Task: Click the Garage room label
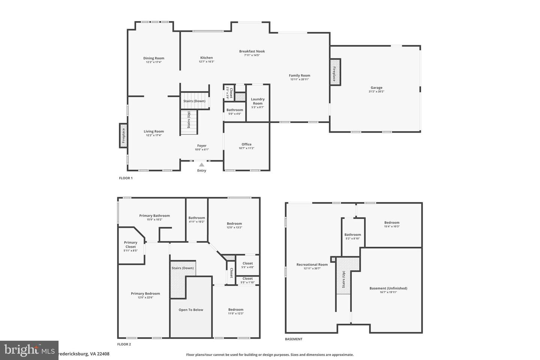coord(376,88)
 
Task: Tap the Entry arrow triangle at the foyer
coord(202,165)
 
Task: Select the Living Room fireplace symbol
coord(123,136)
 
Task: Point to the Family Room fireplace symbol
coord(334,74)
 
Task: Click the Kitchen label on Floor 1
coord(206,58)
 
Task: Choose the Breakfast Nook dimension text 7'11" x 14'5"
coord(252,55)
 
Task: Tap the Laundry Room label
coord(258,101)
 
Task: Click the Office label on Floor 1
coord(246,144)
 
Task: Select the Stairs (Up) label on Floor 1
coord(189,120)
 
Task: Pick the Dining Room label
coord(154,58)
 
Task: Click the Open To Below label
coord(191,310)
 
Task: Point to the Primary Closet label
coord(130,244)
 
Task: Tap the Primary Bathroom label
coord(154,216)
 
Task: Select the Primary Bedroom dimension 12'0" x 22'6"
coord(145,297)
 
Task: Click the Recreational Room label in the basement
coord(312,264)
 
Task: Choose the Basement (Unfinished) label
coord(388,288)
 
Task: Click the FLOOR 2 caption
coord(124,344)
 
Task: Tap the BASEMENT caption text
coord(294,339)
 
